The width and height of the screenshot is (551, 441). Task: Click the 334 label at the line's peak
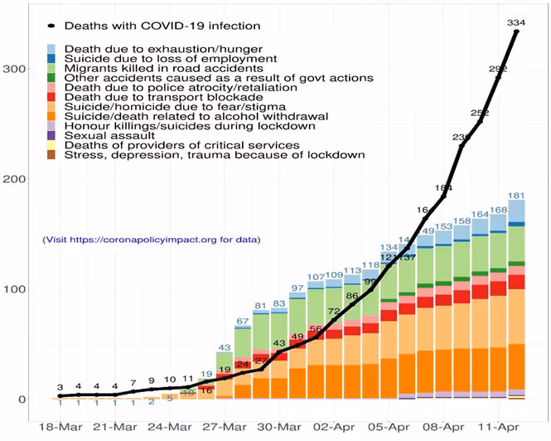pyautogui.click(x=516, y=22)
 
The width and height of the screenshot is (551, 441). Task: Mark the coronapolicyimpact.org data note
pyautogui.click(x=152, y=240)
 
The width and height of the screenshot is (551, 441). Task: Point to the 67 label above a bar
pyautogui.click(x=244, y=321)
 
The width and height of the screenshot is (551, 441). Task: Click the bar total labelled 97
pyautogui.click(x=297, y=288)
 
